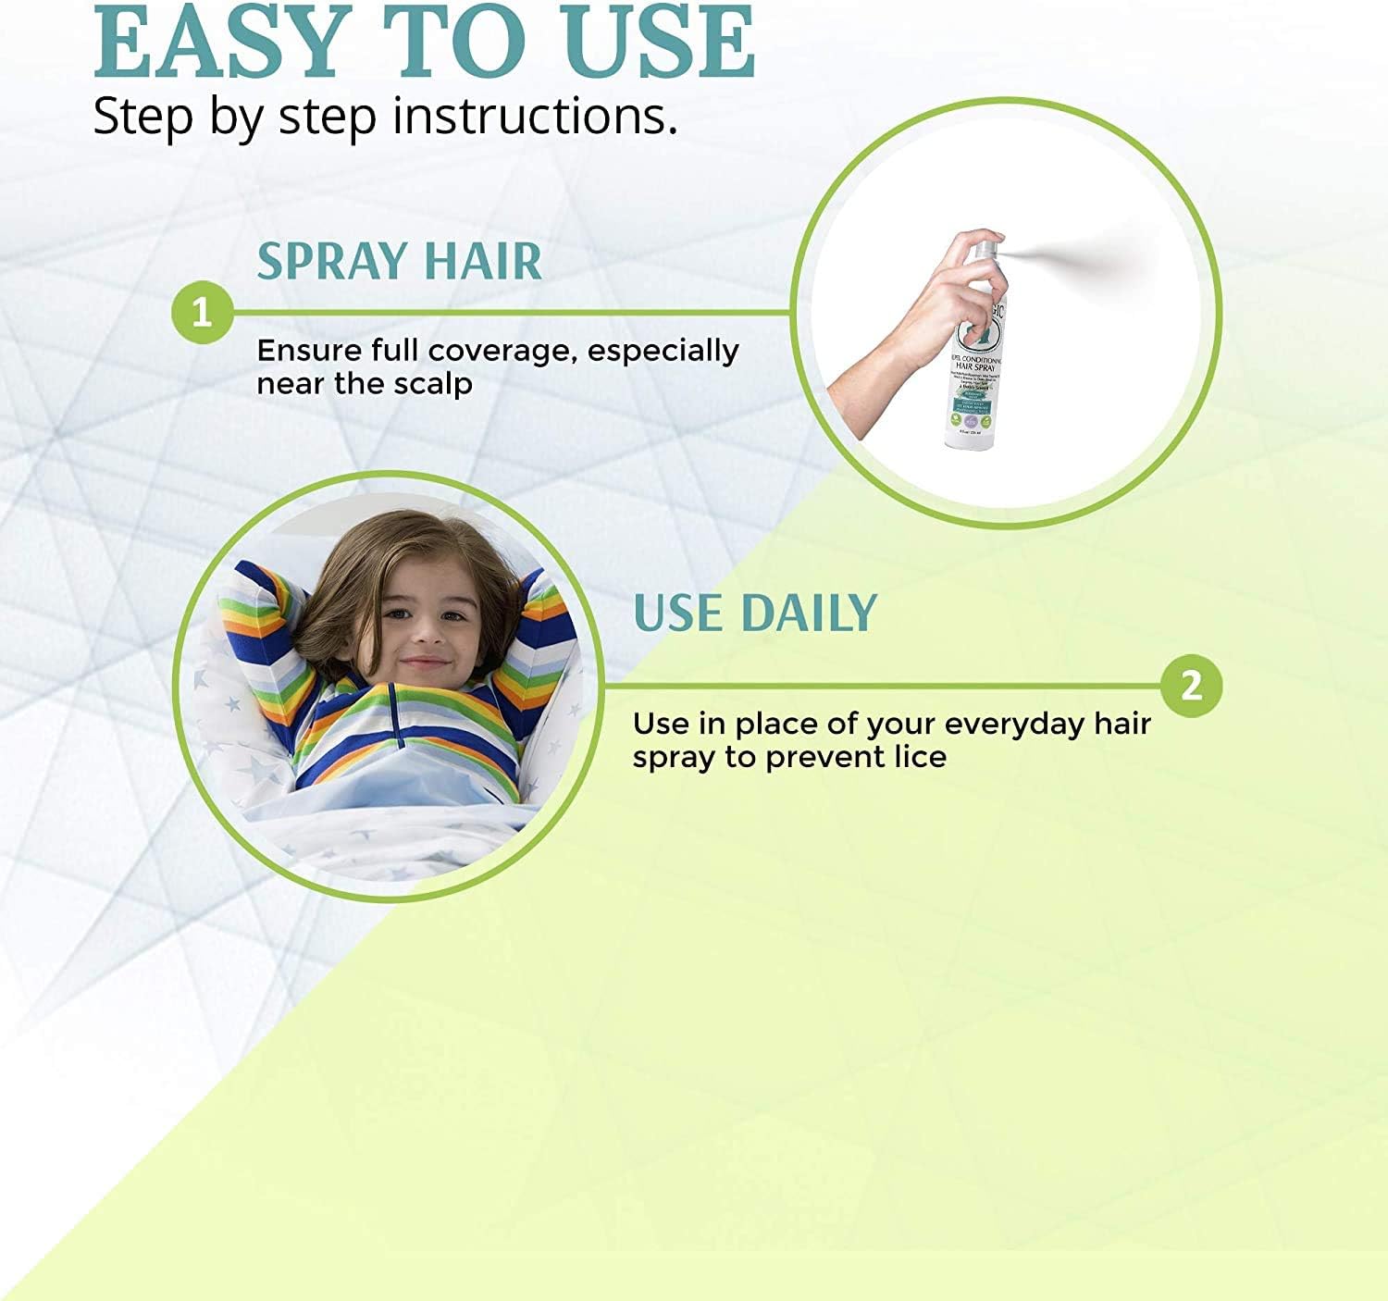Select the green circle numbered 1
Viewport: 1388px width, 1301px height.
[202, 312]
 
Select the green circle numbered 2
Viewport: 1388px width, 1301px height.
[1191, 686]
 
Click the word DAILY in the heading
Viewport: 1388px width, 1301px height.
[808, 613]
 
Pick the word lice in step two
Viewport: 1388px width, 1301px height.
[920, 757]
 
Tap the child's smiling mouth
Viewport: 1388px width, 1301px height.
[425, 662]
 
